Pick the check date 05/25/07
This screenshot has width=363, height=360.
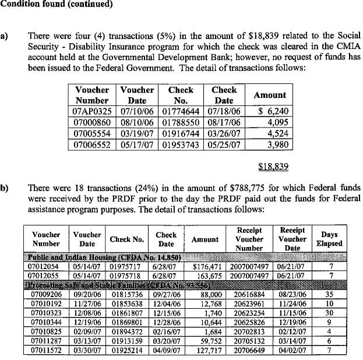point(224,144)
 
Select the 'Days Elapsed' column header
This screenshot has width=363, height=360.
point(329,239)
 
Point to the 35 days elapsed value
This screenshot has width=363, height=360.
point(330,295)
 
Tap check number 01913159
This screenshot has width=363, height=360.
point(128,341)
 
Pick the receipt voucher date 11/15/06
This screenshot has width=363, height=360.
point(292,313)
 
